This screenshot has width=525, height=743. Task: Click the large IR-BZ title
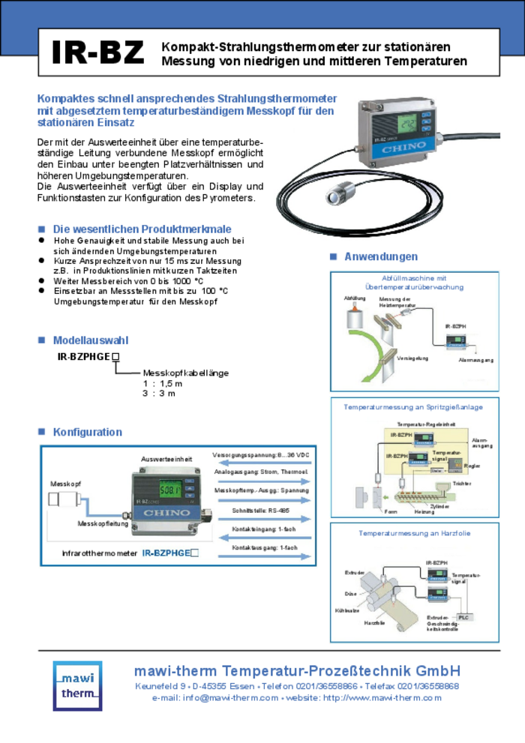click(x=97, y=52)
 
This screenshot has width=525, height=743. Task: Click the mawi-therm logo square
click(x=77, y=685)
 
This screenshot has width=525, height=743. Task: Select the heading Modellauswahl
click(x=90, y=340)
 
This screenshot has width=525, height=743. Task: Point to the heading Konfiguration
click(x=87, y=432)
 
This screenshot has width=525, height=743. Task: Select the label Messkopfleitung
click(x=103, y=523)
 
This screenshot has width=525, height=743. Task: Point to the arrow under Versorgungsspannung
click(x=261, y=463)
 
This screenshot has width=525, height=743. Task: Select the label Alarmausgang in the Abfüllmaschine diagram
click(x=475, y=361)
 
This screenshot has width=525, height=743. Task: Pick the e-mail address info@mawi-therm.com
click(x=214, y=698)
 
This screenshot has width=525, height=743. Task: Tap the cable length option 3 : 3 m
click(x=159, y=393)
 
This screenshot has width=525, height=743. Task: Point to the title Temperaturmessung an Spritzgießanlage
click(x=413, y=406)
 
